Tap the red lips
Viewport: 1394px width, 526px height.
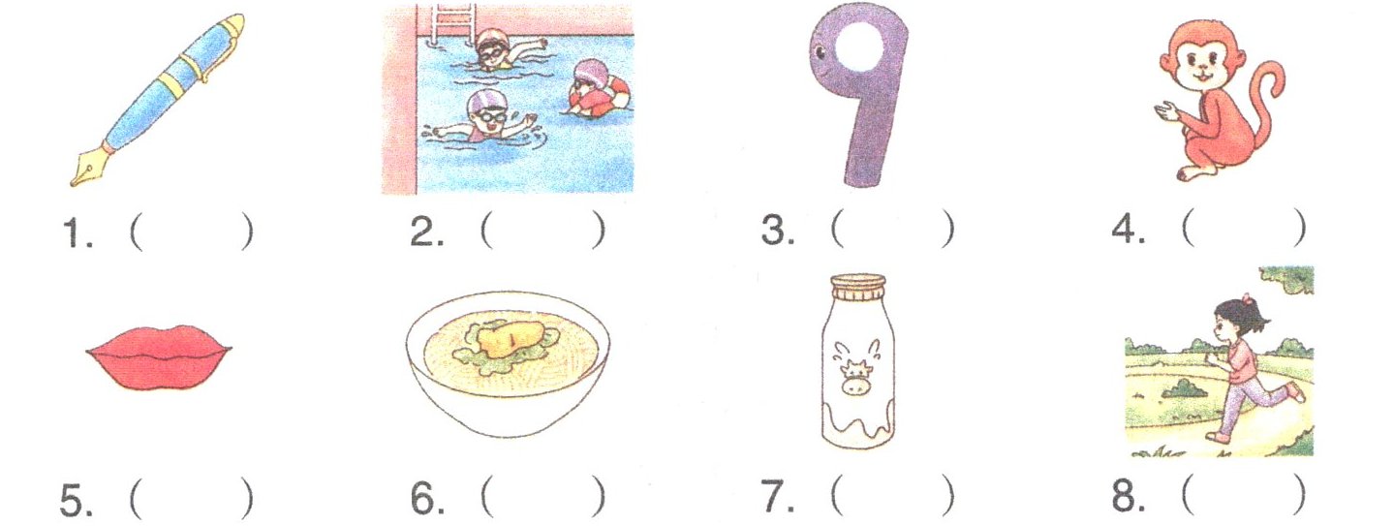click(159, 356)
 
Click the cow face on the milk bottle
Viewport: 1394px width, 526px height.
click(856, 375)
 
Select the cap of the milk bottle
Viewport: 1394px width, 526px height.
click(857, 287)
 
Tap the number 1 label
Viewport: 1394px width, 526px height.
click(77, 232)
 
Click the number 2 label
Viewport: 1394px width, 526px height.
click(427, 232)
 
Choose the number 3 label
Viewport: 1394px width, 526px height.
click(777, 231)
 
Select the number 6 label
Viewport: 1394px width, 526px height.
click(427, 498)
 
